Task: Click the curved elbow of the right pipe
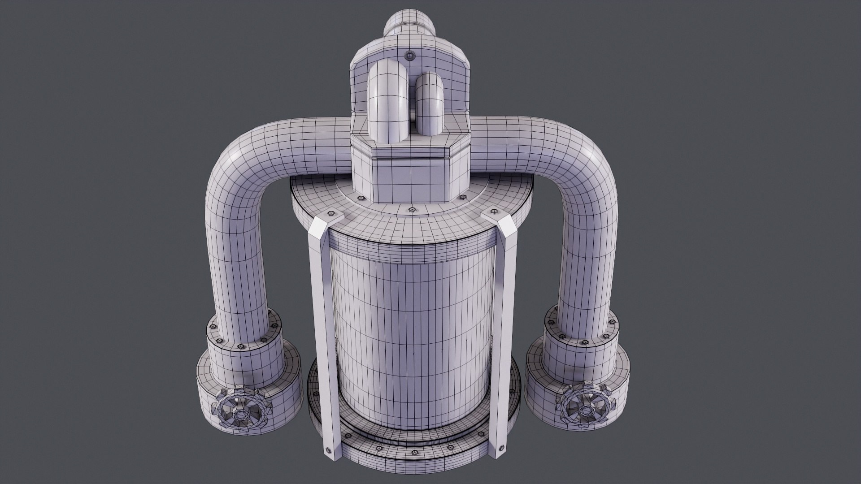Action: coord(583,164)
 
